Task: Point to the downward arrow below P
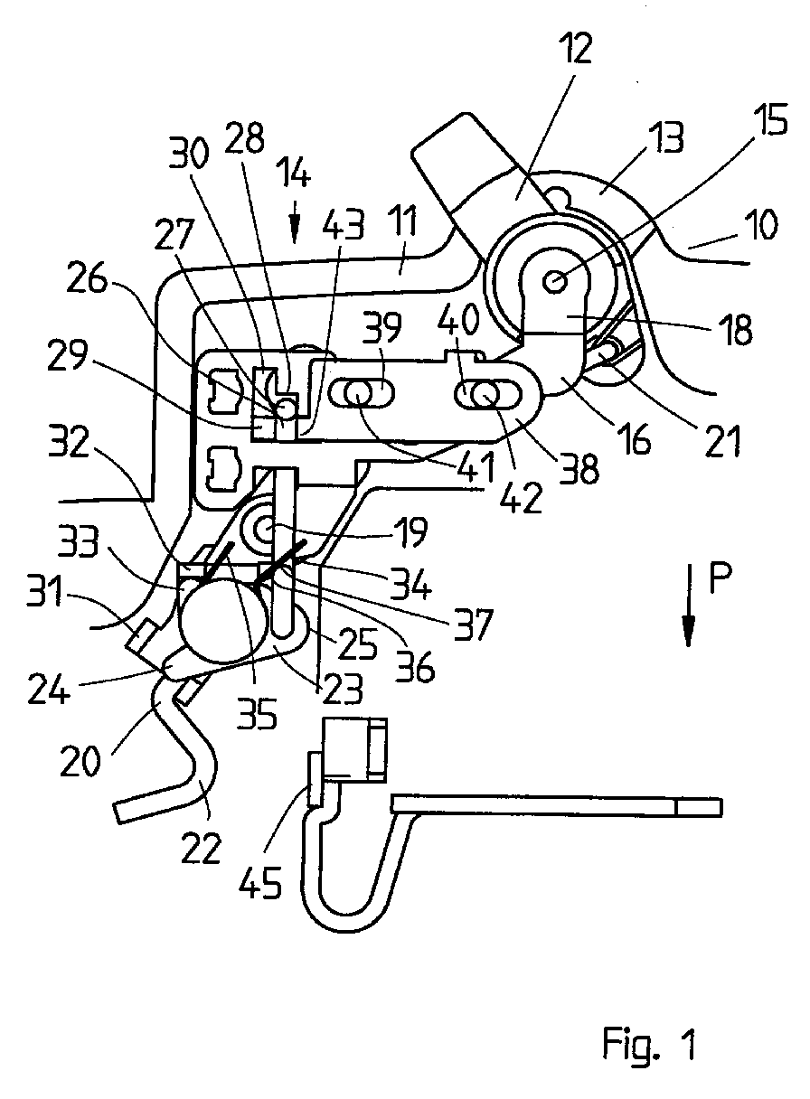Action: point(688,605)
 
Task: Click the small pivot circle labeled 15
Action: point(555,283)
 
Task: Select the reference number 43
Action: point(343,226)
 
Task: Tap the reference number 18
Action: point(736,330)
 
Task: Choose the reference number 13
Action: point(664,138)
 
